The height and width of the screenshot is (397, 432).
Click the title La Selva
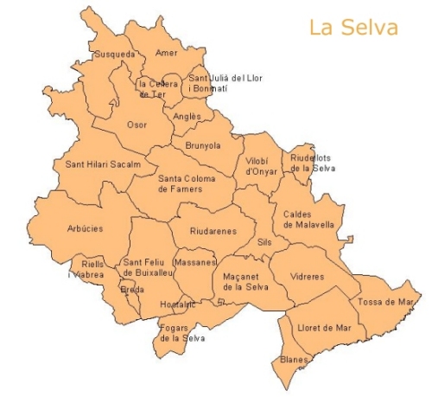(353, 28)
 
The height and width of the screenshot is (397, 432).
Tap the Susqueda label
(115, 54)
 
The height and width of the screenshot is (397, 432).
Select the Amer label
(167, 53)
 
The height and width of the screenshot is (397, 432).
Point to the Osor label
(137, 125)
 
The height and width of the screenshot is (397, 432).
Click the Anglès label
(187, 117)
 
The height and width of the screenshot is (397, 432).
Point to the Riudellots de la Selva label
(312, 163)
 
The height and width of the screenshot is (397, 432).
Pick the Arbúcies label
(85, 229)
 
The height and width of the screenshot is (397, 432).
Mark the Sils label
(264, 243)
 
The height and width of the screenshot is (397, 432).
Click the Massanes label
(194, 262)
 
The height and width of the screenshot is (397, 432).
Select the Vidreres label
(308, 277)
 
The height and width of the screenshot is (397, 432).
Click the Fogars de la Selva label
(181, 333)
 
